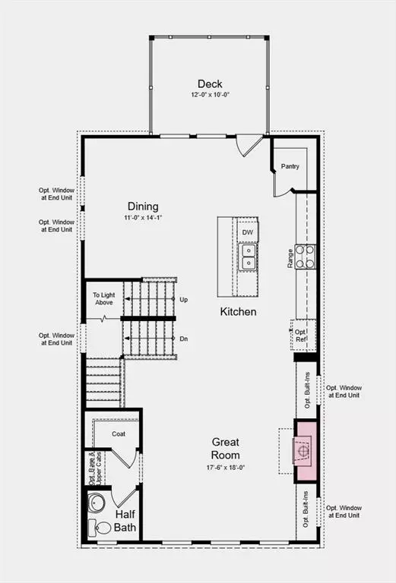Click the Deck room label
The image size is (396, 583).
click(210, 84)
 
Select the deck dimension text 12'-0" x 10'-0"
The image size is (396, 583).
click(211, 95)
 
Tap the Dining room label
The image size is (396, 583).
click(143, 206)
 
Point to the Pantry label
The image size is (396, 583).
click(290, 166)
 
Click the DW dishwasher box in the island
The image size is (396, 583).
click(248, 232)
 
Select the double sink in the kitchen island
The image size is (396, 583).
click(248, 257)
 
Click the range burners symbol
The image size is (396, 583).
click(306, 257)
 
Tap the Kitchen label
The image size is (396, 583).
click(238, 311)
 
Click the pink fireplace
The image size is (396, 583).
click(306, 451)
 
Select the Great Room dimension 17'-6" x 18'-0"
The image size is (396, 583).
click(226, 468)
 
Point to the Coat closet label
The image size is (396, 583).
click(119, 434)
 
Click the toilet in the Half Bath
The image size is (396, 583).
click(100, 528)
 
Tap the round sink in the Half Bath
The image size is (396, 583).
click(97, 503)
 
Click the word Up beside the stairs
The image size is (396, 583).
click(183, 300)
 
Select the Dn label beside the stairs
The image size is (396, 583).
click(183, 339)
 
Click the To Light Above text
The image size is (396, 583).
click(104, 298)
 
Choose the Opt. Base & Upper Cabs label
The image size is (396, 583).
click(95, 468)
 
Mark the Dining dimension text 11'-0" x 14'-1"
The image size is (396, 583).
click(143, 218)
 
